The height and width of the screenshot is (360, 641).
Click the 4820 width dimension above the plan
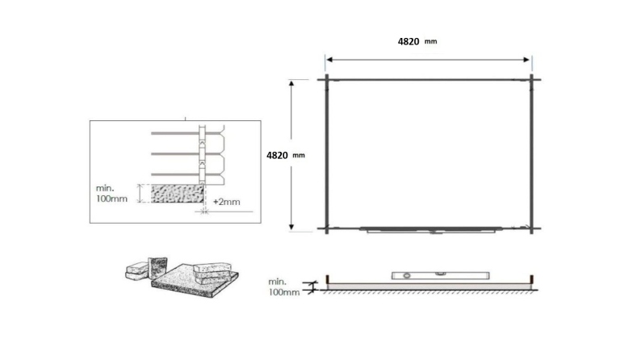coord(408,41)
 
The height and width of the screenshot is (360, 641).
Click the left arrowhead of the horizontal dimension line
coord(329,59)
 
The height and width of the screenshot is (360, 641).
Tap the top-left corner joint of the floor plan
coord(325,78)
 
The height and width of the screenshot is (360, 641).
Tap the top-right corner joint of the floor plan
coord(531,78)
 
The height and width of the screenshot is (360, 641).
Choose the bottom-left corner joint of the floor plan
coord(325,228)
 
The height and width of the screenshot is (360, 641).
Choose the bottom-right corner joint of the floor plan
coord(531,228)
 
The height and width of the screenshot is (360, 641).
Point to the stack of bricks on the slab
coord(212,269)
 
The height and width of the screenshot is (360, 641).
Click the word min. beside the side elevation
coord(278,281)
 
